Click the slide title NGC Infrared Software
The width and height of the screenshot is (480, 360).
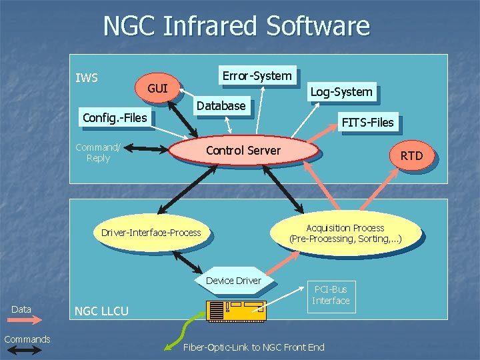[236, 27]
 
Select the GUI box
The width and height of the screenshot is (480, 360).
[158, 89]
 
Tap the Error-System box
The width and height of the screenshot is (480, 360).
[257, 76]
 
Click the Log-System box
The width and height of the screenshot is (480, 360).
[342, 92]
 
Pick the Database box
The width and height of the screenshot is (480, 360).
[221, 105]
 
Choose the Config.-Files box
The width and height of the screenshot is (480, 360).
[114, 118]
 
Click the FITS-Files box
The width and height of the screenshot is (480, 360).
[367, 122]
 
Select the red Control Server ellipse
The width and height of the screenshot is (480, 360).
[244, 151]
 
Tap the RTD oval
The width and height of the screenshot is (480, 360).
[411, 156]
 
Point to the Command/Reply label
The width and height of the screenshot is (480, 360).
[98, 153]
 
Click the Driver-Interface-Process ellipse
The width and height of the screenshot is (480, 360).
[151, 233]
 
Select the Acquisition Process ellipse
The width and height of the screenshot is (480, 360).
[345, 233]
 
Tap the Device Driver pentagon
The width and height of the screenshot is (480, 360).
[233, 281]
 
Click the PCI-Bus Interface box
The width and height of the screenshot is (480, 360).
[330, 295]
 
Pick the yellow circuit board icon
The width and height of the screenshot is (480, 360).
[237, 311]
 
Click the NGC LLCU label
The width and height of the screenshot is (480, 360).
[101, 311]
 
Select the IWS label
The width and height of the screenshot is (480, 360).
[87, 78]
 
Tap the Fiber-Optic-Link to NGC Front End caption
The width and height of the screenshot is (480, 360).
[253, 347]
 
